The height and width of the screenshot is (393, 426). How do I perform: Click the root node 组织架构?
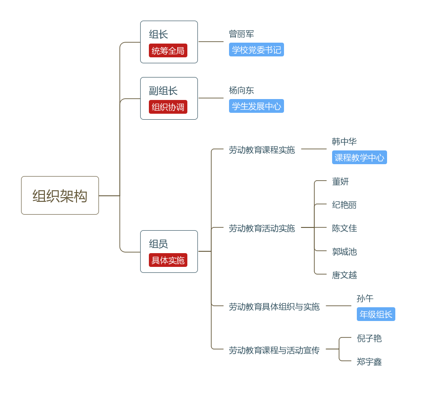tap(60, 196)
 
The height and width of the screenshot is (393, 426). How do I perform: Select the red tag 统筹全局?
tap(168, 50)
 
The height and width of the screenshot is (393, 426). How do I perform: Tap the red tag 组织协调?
tap(168, 107)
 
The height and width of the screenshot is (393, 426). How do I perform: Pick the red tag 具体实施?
tap(168, 260)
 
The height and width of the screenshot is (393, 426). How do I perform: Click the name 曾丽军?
tap(241, 34)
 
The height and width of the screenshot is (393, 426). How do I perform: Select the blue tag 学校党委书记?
tap(257, 50)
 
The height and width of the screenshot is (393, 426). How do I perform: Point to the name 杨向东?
tap(241, 90)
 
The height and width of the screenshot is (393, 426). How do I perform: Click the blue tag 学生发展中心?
tap(257, 106)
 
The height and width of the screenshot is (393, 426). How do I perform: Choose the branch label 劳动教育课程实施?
tap(262, 149)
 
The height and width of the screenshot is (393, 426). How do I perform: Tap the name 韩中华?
tap(344, 142)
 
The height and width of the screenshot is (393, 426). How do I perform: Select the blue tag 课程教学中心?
tap(360, 157)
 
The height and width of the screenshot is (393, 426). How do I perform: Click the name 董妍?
tap(340, 182)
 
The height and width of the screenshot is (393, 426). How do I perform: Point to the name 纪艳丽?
tap(344, 205)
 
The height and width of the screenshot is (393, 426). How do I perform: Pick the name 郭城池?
tap(344, 252)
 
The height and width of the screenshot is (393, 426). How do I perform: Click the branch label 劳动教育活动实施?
tap(262, 228)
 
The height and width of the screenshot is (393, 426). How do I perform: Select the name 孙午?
tap(365, 299)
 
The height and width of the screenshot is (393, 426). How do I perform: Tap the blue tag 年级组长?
tap(376, 314)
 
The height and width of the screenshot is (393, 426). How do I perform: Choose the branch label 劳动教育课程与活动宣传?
tap(274, 350)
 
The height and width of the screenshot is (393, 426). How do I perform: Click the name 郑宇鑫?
tap(369, 362)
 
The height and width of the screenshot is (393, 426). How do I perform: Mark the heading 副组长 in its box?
tap(163, 91)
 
